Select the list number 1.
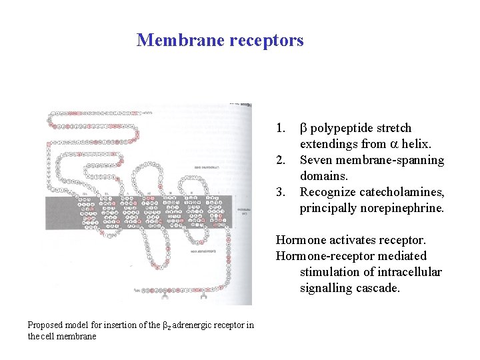pyautogui.click(x=281, y=128)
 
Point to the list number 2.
pyautogui.click(x=281, y=160)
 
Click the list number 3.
pyautogui.click(x=281, y=192)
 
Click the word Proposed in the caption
pyautogui.click(x=46, y=325)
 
